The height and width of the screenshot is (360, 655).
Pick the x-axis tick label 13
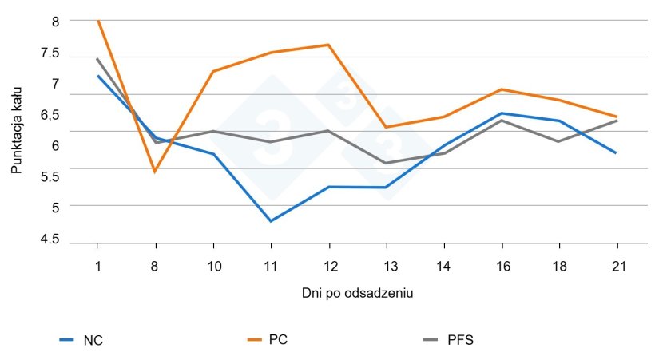pos(386,266)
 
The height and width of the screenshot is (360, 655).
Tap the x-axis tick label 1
pos(97,266)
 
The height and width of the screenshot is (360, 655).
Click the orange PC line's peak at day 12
pos(328,45)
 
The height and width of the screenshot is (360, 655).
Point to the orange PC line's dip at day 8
pos(155,172)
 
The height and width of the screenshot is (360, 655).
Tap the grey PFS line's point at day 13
pos(386,163)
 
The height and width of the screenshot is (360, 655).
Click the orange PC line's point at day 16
pos(501,89)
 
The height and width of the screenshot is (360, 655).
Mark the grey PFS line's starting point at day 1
pos(97,58)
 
